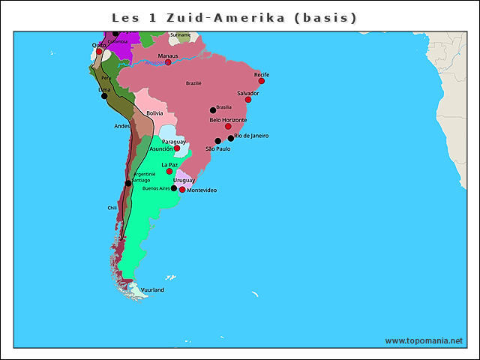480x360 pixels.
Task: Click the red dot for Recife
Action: click(x=262, y=81)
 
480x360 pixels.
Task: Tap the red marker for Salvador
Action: click(x=248, y=99)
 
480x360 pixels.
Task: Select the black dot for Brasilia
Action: click(x=213, y=110)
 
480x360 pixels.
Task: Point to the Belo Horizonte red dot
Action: click(x=228, y=126)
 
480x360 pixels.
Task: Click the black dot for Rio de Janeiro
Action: click(x=231, y=138)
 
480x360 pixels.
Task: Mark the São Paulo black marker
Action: click(x=217, y=141)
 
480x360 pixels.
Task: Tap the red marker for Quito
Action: click(x=99, y=52)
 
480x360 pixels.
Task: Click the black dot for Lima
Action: click(x=103, y=95)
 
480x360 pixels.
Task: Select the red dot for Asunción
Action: click(x=177, y=148)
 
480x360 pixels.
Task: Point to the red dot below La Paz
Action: click(x=169, y=171)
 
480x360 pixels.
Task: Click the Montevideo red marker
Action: click(x=182, y=190)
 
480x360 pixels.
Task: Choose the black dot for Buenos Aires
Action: click(x=174, y=188)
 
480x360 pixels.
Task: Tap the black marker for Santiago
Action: click(x=128, y=183)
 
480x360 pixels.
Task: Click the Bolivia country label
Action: click(x=154, y=113)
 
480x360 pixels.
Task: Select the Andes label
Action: click(x=121, y=126)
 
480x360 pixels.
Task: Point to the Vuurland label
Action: click(x=152, y=289)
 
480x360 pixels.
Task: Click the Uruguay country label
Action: click(x=184, y=180)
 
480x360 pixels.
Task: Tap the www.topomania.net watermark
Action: click(x=424, y=340)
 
